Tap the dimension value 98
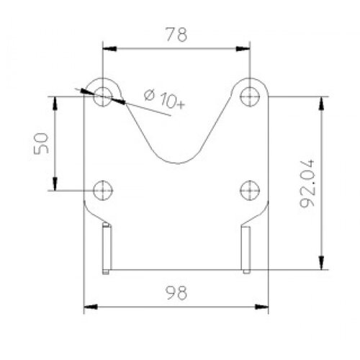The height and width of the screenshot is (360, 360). pyautogui.click(x=176, y=293)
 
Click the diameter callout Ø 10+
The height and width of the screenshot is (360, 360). pyautogui.click(x=165, y=99)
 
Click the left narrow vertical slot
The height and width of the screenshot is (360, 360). pyautogui.click(x=107, y=248)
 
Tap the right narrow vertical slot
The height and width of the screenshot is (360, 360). pyautogui.click(x=246, y=248)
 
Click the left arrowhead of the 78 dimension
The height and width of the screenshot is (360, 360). pyautogui.click(x=108, y=49)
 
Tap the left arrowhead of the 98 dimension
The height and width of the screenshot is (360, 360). pyautogui.click(x=90, y=307)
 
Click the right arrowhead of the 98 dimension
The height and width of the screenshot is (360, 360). pyautogui.click(x=263, y=307)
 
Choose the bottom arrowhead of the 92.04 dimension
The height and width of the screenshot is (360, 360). pyautogui.click(x=321, y=264)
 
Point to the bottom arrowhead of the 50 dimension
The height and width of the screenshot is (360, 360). pyautogui.click(x=55, y=184)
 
